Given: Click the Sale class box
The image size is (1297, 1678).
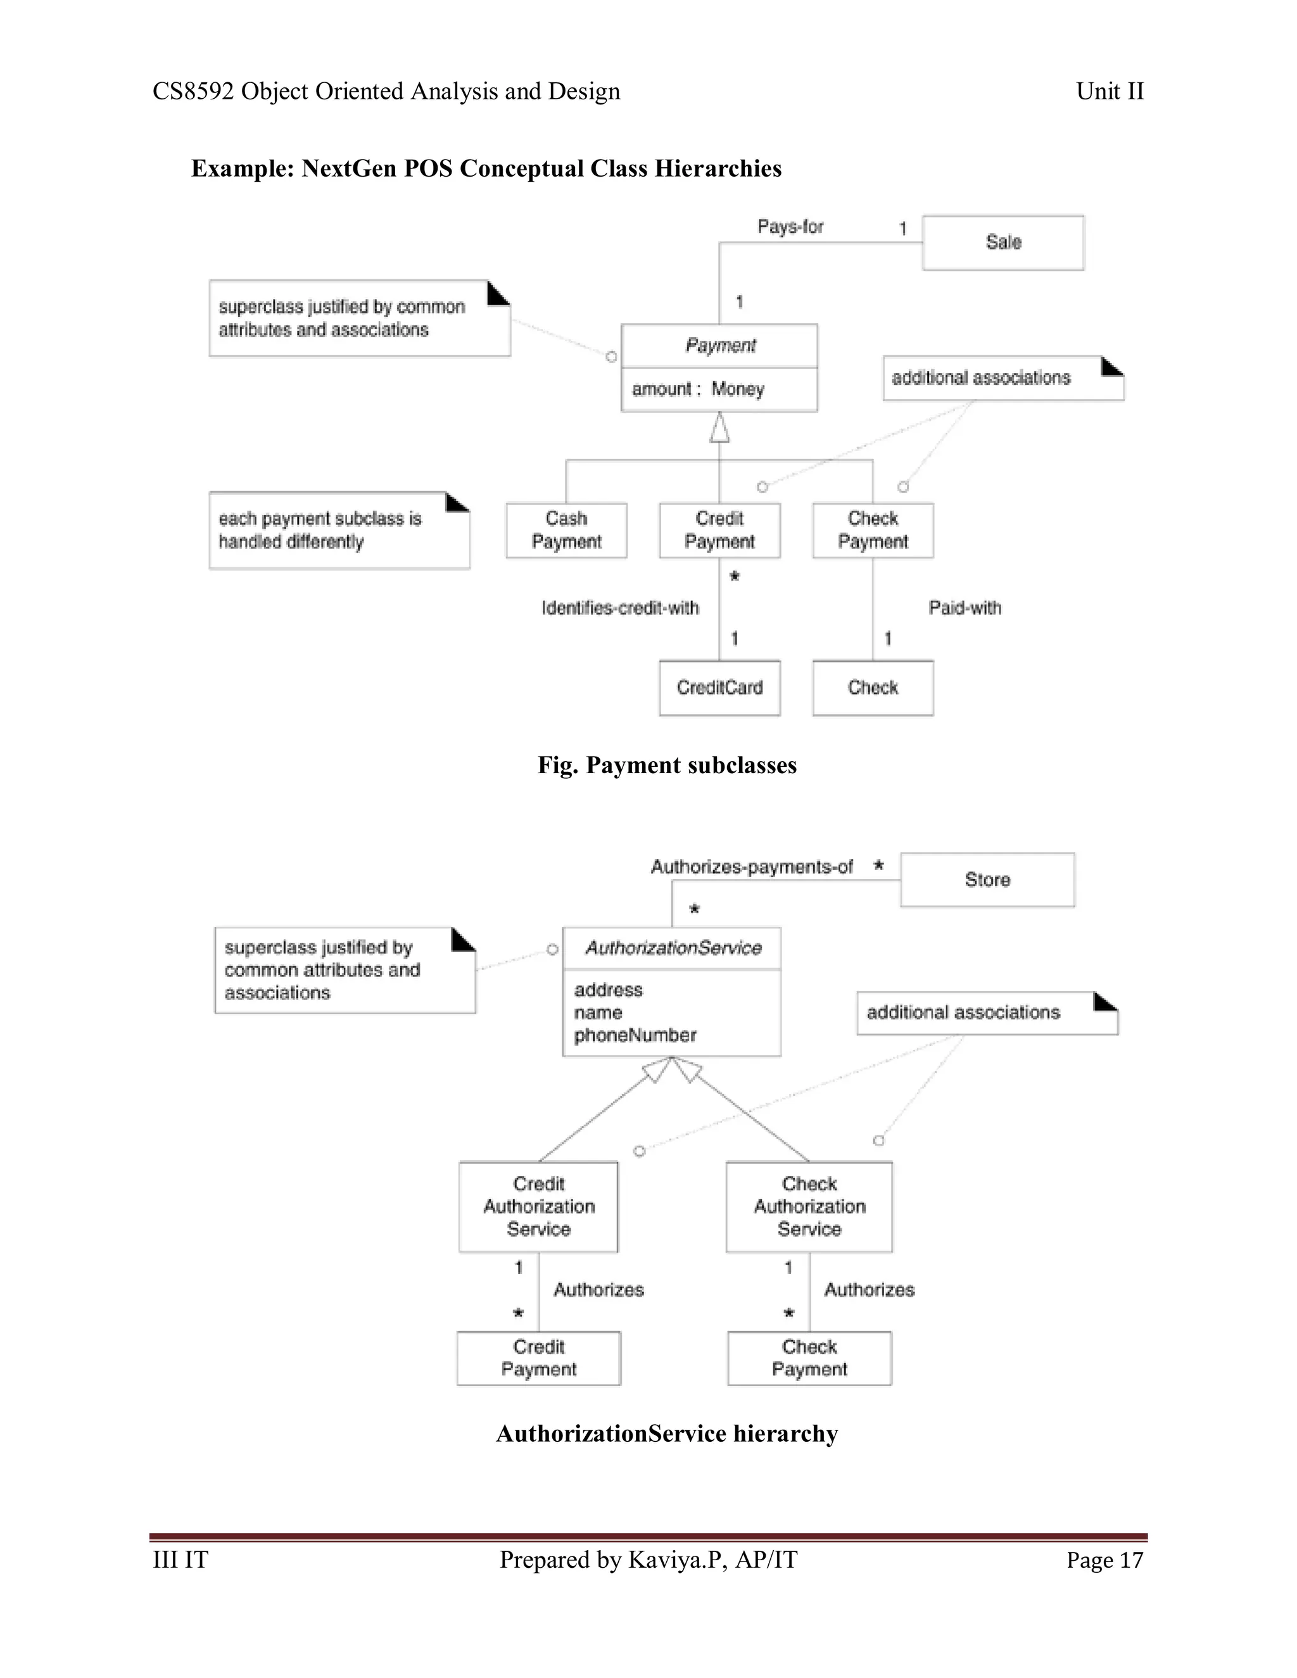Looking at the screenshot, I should click(x=1003, y=243).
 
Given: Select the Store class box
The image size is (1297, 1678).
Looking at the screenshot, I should click(x=987, y=880).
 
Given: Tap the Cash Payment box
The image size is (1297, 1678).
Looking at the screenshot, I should click(x=566, y=530).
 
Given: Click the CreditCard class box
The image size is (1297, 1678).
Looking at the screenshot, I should click(x=719, y=688).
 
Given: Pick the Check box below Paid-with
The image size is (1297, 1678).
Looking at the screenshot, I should click(x=873, y=688).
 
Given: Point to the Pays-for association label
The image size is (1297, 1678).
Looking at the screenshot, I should click(x=790, y=227).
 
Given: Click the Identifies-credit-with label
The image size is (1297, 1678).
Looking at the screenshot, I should click(x=620, y=609).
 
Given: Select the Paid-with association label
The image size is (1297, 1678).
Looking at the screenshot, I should click(x=965, y=609).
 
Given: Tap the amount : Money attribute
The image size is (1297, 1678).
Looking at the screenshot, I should click(x=698, y=389).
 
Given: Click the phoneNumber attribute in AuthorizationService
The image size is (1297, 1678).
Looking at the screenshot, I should click(x=635, y=1036).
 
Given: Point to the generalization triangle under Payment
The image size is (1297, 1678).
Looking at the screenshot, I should click(x=719, y=428).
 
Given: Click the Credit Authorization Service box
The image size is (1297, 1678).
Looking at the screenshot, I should click(x=539, y=1206).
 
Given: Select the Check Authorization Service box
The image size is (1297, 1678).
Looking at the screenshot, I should click(x=809, y=1206).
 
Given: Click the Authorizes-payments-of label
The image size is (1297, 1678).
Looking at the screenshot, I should click(x=752, y=867).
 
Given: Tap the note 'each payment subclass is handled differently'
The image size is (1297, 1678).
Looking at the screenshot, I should click(x=339, y=530).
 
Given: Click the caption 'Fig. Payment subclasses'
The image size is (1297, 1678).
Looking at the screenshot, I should click(x=666, y=766).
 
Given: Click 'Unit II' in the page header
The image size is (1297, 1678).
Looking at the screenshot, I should click(x=1110, y=91).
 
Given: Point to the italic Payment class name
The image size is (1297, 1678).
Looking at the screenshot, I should click(x=720, y=346).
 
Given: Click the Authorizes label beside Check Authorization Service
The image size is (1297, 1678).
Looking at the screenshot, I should click(x=869, y=1290).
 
